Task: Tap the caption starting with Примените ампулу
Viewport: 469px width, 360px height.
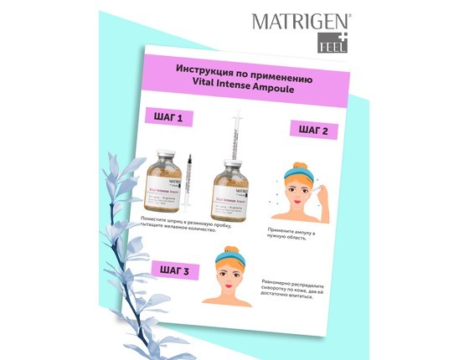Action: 301,233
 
